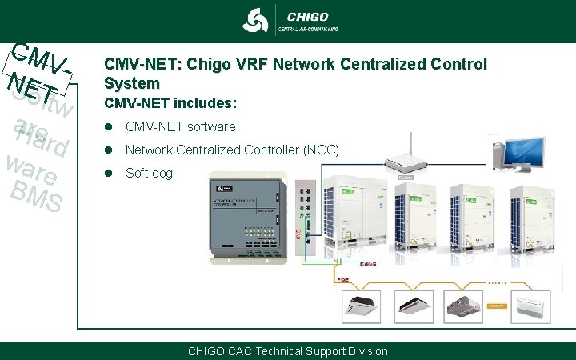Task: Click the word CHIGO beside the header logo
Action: (307, 16)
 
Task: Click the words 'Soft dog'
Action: (149, 173)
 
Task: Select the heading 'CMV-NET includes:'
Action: (170, 103)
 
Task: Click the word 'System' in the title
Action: (132, 82)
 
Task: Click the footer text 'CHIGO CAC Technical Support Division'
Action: (287, 351)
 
